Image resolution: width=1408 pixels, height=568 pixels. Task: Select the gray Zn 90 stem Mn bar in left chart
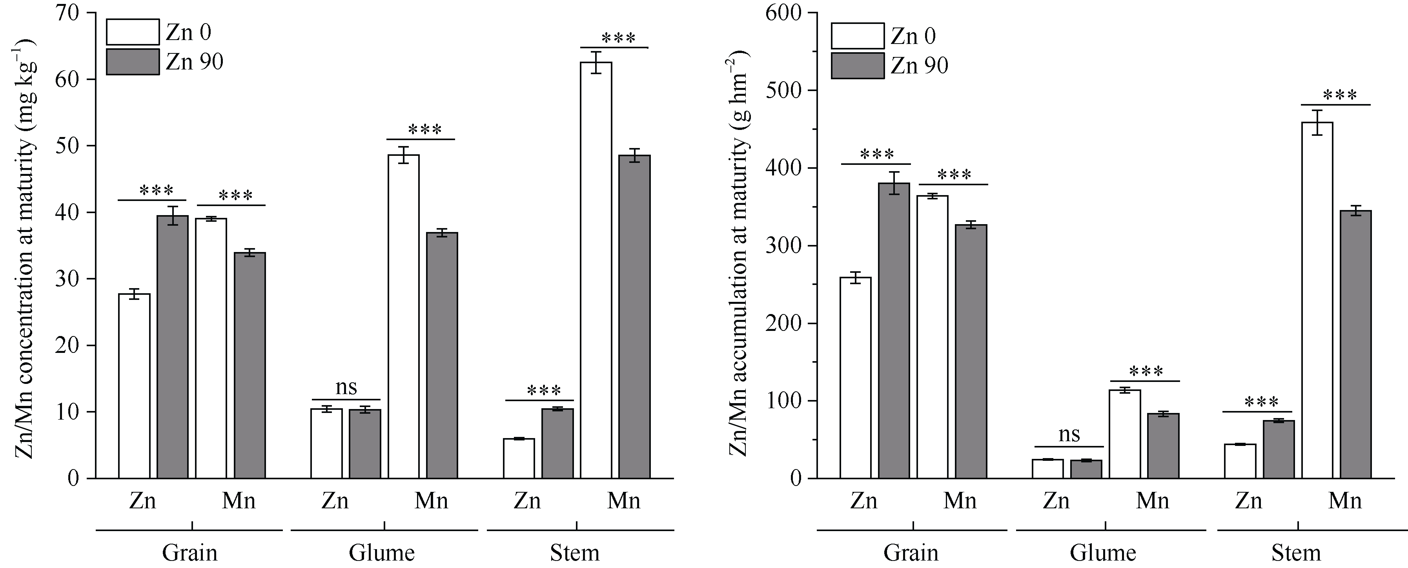635,317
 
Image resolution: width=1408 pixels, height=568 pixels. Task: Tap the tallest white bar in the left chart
596,270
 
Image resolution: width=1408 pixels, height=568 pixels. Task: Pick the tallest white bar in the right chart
1317,301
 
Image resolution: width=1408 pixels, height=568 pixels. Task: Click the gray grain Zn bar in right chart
894,331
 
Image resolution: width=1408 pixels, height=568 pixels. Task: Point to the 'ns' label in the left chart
346,387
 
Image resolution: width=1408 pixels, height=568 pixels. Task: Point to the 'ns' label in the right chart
1069,435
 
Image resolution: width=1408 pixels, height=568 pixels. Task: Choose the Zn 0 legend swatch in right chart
857,36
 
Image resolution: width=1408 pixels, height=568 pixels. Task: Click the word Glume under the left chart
381,553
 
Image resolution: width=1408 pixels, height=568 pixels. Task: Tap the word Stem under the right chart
1296,553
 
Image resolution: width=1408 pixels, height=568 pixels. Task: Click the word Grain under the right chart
911,553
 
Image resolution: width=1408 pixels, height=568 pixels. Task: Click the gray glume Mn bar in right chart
1163,446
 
